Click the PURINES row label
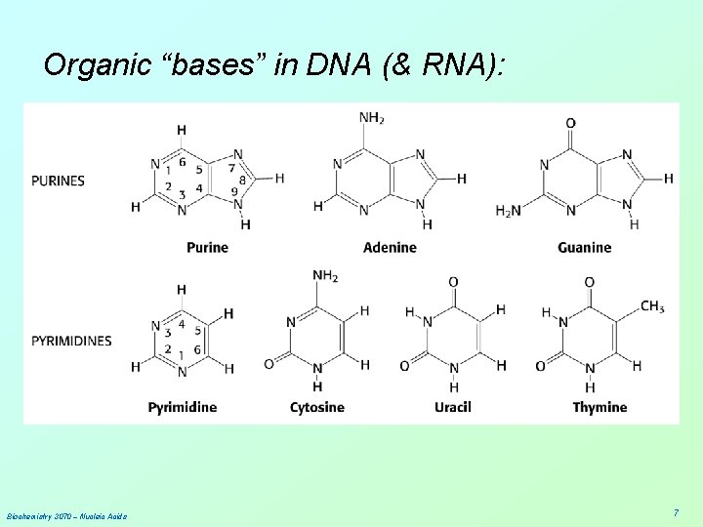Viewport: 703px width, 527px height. pos(58,181)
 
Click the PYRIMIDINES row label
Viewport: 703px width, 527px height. pos(71,341)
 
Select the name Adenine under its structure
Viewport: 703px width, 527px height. pos(390,248)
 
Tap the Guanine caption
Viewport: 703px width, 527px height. pos(585,248)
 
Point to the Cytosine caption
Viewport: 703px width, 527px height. pos(317,407)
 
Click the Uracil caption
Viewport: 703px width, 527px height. pos(453,407)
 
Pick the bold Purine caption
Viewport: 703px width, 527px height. pos(207,248)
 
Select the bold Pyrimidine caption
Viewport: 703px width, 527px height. pos(183,407)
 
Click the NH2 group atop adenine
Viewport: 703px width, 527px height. pos(372,118)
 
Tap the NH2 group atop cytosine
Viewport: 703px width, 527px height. pos(325,277)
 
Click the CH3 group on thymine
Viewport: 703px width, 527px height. pos(652,307)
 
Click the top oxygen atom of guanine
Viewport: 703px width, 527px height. pos(570,124)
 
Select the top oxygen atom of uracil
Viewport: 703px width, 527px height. pos(453,283)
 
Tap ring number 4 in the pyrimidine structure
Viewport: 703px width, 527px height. pos(181,323)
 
